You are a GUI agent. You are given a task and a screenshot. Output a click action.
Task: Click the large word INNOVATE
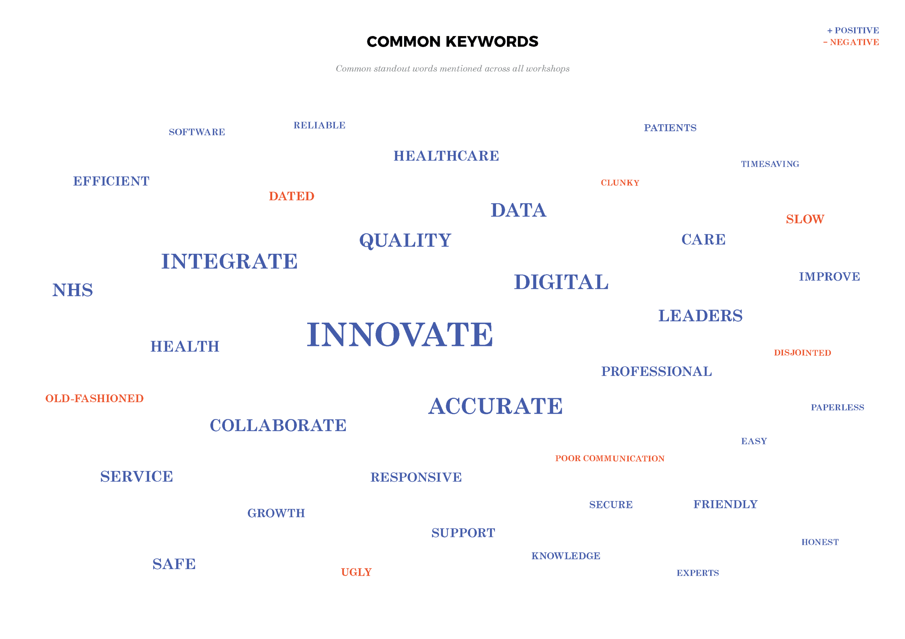tap(400, 335)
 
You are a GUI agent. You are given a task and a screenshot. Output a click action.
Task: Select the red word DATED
tap(291, 196)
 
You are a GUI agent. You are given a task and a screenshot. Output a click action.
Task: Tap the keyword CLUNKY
tap(620, 183)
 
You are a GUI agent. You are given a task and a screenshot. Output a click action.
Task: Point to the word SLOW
tap(805, 219)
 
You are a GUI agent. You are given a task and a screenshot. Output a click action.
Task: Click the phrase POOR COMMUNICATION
tap(609, 458)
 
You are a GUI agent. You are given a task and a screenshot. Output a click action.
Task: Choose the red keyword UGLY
tap(356, 572)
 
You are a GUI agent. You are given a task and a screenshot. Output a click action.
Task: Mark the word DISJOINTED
tap(802, 353)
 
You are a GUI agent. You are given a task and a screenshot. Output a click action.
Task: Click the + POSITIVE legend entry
tap(853, 30)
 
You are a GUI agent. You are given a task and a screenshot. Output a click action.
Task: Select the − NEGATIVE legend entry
tap(851, 42)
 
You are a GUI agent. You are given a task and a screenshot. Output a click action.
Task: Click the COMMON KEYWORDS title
tap(452, 41)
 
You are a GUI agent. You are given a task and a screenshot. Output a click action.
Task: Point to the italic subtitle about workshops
tap(452, 68)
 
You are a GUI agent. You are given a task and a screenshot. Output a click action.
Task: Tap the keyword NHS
tap(72, 290)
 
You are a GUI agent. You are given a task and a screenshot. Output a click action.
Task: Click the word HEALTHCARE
tap(446, 156)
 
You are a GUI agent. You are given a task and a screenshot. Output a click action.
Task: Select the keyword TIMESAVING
tap(770, 164)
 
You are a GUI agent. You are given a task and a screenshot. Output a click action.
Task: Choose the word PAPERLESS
tap(837, 407)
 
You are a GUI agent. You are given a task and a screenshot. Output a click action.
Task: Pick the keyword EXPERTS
tap(697, 573)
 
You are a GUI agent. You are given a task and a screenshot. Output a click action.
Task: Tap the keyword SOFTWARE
tap(197, 132)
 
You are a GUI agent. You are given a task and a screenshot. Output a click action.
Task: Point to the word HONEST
tap(820, 542)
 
